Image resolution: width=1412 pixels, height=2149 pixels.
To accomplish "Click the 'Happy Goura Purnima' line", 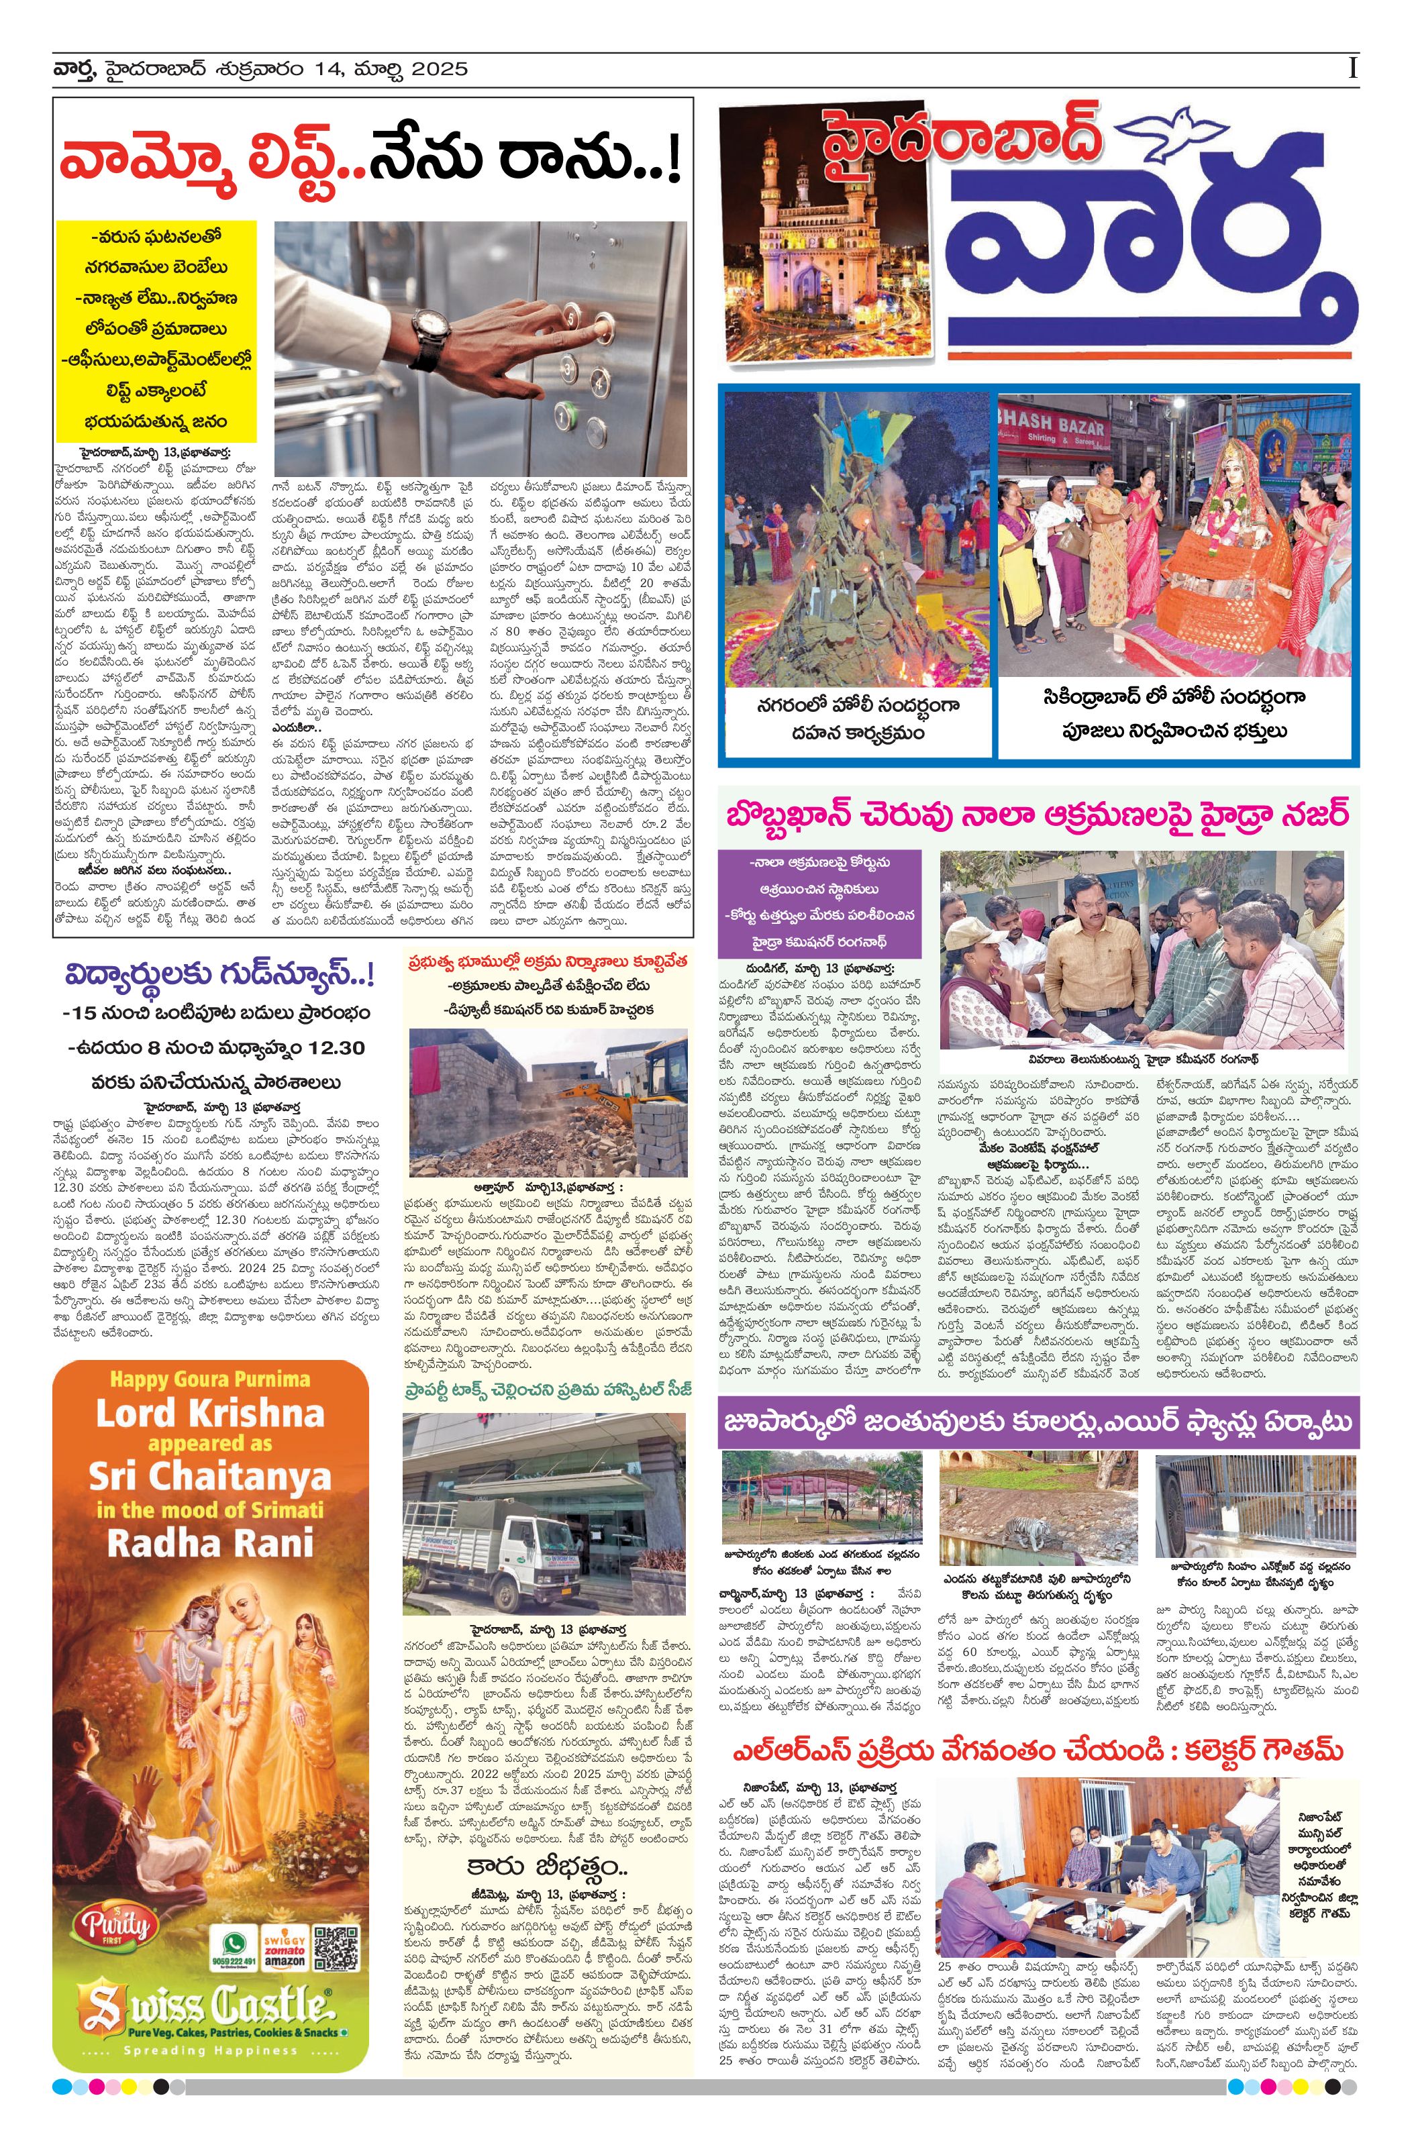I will [209, 1379].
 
